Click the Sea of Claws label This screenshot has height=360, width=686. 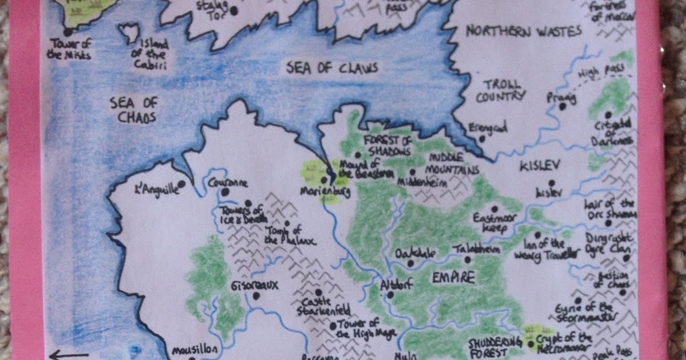click(332, 69)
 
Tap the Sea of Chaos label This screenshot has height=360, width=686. click(133, 110)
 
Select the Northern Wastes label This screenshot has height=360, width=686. click(524, 31)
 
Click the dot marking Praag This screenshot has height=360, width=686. click(563, 106)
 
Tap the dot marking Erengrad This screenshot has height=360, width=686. click(482, 138)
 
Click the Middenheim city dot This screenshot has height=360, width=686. click(412, 171)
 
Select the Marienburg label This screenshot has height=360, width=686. click(324, 191)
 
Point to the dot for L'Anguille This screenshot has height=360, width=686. click(181, 184)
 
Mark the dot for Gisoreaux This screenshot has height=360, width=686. click(256, 296)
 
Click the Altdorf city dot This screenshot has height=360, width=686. click(390, 295)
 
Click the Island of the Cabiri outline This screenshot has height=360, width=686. click(130, 33)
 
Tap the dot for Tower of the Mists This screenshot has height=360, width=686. click(68, 32)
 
